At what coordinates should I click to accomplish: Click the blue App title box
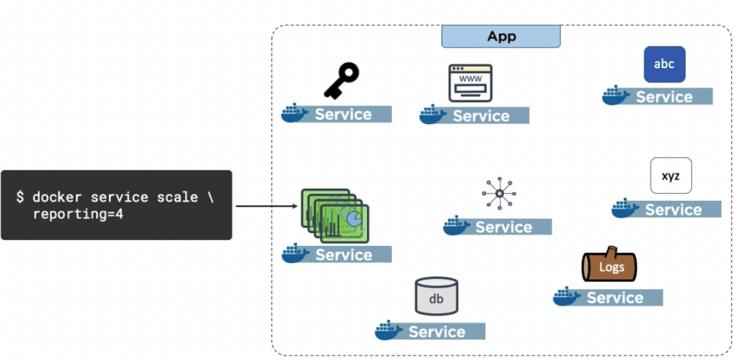(x=500, y=37)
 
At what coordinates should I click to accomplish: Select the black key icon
(x=341, y=80)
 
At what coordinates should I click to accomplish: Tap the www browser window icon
(x=470, y=83)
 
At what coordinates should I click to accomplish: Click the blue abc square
(x=664, y=64)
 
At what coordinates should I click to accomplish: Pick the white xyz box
(x=671, y=176)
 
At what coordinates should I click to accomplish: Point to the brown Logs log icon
(x=609, y=266)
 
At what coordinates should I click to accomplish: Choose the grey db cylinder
(x=436, y=296)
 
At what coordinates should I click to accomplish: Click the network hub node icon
(x=497, y=192)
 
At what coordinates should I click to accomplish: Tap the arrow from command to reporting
(x=265, y=207)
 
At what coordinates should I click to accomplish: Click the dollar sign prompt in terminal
(x=21, y=196)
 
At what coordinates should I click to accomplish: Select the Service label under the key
(x=343, y=114)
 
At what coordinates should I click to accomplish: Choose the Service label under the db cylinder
(x=437, y=331)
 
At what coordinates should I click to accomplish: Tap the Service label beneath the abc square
(x=664, y=97)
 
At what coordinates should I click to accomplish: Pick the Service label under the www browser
(x=481, y=115)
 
